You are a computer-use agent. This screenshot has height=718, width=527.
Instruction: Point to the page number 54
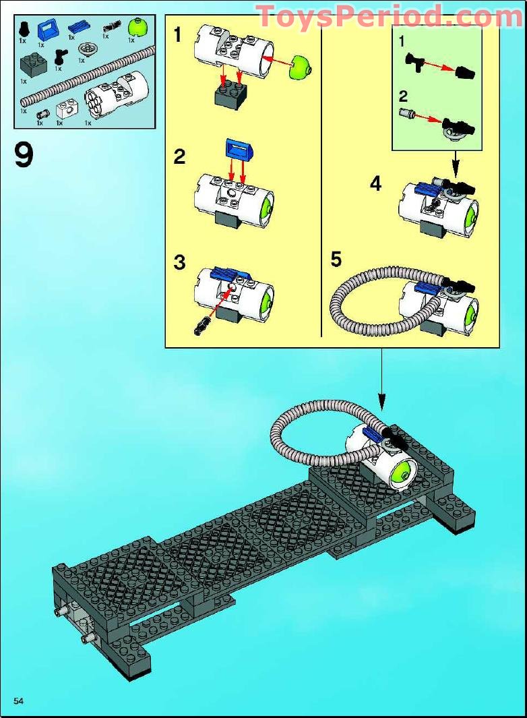(18, 702)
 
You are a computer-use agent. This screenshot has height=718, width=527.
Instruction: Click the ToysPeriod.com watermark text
(380, 16)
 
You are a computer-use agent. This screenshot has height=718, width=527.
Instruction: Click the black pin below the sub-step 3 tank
(201, 328)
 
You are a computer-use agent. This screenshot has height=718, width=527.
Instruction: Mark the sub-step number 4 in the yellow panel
(375, 183)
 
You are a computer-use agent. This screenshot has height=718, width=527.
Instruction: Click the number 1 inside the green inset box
(402, 42)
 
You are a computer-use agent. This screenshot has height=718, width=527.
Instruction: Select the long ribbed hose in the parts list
(81, 74)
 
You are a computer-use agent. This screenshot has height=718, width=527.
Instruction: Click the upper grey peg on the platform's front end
(61, 612)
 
